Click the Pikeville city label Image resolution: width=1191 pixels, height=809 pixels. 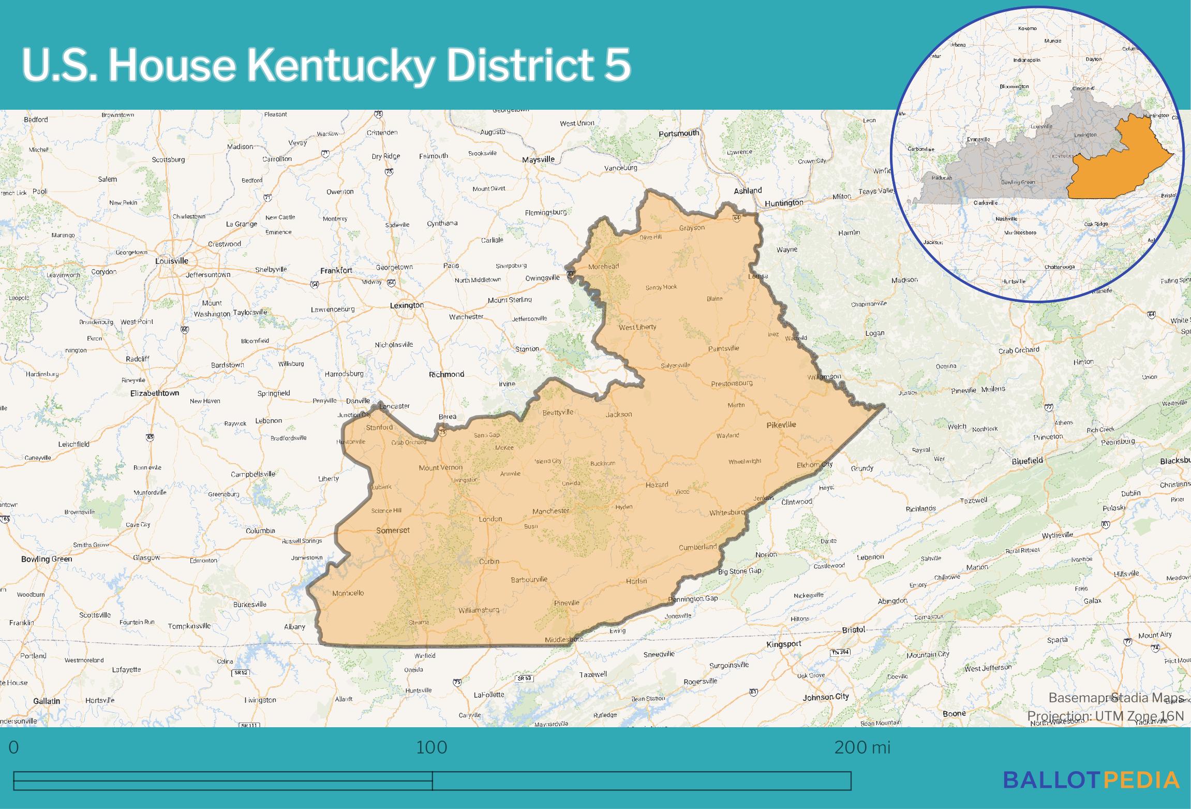pyautogui.click(x=781, y=424)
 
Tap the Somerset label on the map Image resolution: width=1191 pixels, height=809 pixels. pyautogui.click(x=393, y=530)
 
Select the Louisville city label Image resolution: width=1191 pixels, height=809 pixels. pyautogui.click(x=172, y=261)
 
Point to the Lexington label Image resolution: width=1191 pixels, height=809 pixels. pyautogui.click(x=407, y=305)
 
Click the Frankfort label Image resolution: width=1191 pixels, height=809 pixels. pyautogui.click(x=336, y=270)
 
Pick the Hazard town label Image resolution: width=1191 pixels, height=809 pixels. pyautogui.click(x=657, y=484)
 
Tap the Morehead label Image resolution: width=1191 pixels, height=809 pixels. pyautogui.click(x=604, y=266)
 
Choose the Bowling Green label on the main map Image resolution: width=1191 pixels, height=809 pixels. pyautogui.click(x=47, y=559)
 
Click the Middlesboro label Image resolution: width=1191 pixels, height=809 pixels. pyautogui.click(x=564, y=640)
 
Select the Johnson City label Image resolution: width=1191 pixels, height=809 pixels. pyautogui.click(x=826, y=697)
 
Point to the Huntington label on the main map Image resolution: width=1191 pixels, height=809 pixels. pyautogui.click(x=784, y=202)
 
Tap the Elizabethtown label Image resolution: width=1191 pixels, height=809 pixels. pyautogui.click(x=155, y=393)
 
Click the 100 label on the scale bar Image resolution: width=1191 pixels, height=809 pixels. pyautogui.click(x=431, y=747)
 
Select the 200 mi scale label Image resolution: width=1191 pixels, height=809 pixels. pyautogui.click(x=862, y=747)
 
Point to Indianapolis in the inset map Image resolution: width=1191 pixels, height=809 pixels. pyautogui.click(x=1027, y=60)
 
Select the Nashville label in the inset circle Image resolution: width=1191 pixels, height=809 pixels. pyautogui.click(x=1006, y=219)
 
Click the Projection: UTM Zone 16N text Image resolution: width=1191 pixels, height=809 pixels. pyautogui.click(x=1105, y=716)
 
